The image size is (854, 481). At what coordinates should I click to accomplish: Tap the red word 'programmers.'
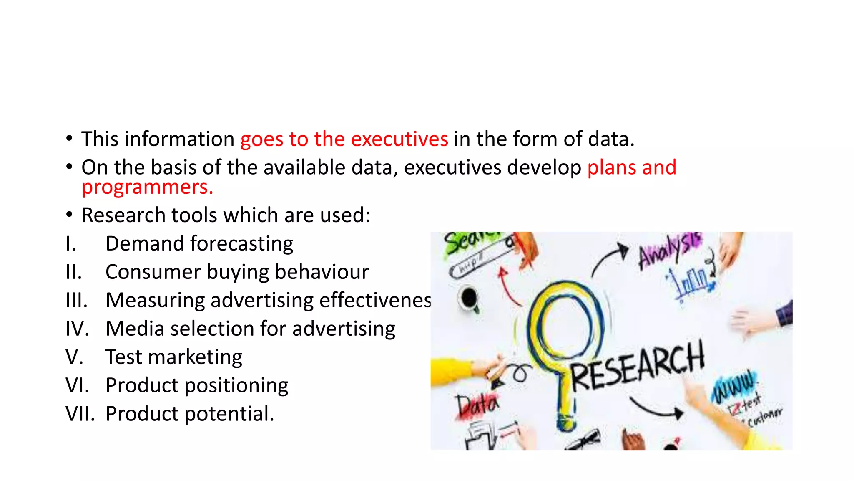point(147,187)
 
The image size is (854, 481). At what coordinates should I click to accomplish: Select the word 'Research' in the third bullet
point(123,215)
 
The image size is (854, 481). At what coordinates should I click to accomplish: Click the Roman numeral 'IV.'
point(77,329)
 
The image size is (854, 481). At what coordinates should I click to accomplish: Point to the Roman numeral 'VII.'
point(80,414)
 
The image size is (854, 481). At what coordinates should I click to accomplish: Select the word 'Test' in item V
point(123,357)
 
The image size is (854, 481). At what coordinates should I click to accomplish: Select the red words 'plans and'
point(631,167)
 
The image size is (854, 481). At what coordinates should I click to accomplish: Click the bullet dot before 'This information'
point(69,138)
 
